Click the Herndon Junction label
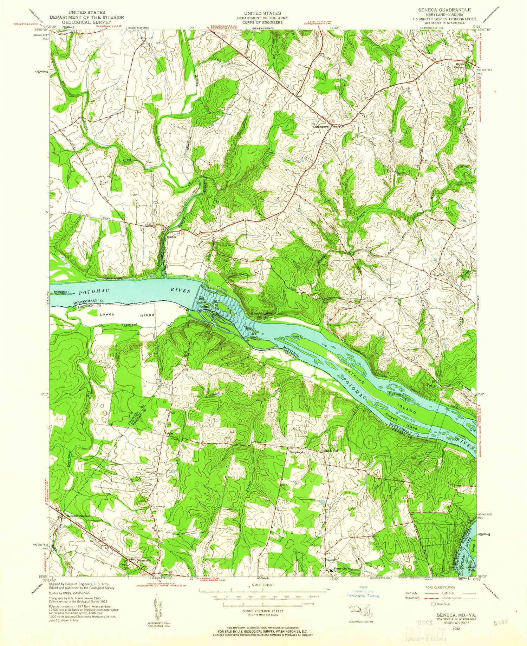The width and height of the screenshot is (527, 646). (79, 516)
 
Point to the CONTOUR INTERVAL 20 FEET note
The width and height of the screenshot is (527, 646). (263, 611)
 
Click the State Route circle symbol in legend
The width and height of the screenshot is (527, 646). (433, 604)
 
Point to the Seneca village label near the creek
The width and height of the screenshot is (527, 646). (171, 237)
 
